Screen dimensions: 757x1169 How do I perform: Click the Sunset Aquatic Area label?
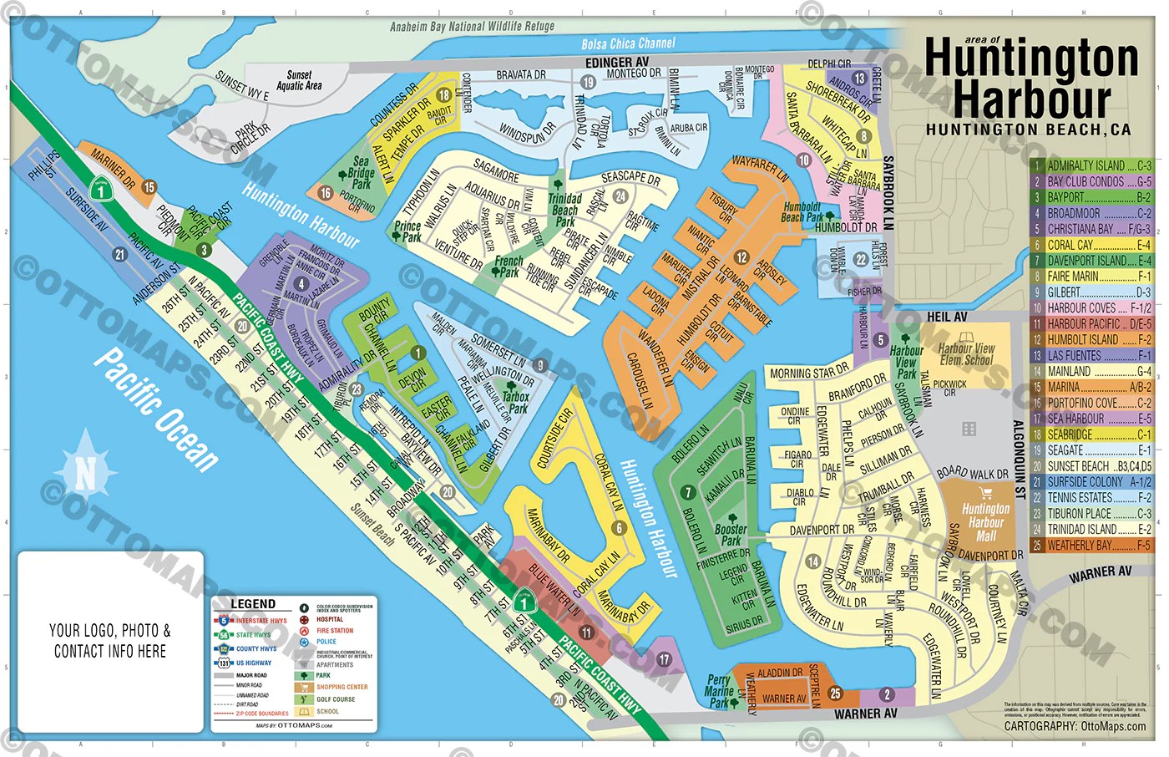pyautogui.click(x=299, y=80)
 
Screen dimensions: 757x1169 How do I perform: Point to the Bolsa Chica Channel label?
pyautogui.click(x=628, y=43)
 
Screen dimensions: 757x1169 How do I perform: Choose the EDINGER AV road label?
pyautogui.click(x=616, y=63)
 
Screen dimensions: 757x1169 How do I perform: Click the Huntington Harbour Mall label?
pyautogui.click(x=985, y=522)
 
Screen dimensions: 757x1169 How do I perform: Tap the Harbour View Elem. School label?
pyautogui.click(x=967, y=354)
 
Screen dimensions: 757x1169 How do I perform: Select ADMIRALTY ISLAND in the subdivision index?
pyautogui.click(x=1091, y=165)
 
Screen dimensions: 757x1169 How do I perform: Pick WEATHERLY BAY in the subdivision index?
pyautogui.click(x=1091, y=545)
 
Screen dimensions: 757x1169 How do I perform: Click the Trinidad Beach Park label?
pyautogui.click(x=565, y=210)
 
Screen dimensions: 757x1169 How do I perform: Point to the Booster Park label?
pyautogui.click(x=731, y=535)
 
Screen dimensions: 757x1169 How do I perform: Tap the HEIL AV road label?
pyautogui.click(x=947, y=317)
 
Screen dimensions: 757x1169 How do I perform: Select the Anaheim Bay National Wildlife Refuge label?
pyautogui.click(x=472, y=27)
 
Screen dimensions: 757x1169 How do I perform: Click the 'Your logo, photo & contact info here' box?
pyautogui.click(x=110, y=641)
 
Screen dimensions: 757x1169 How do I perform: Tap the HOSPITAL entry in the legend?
pyautogui.click(x=330, y=619)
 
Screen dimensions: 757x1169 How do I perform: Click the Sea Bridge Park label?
pyautogui.click(x=361, y=172)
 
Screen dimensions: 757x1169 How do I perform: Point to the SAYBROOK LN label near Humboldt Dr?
pyautogui.click(x=888, y=192)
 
